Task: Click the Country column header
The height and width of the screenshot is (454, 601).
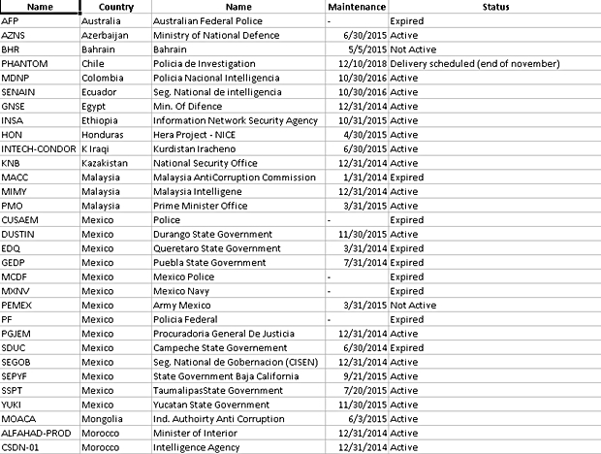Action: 115,7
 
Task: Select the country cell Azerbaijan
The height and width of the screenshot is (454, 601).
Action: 107,34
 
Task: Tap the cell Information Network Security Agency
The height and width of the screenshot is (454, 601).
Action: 236,120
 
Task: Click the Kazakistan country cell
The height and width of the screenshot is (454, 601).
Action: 107,164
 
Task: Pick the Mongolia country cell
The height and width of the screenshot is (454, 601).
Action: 104,419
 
